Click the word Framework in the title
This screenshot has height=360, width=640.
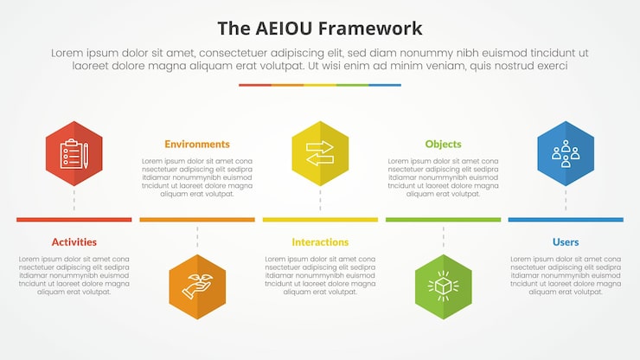(370, 28)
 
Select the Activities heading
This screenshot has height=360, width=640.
(74, 242)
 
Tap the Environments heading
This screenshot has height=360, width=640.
(197, 145)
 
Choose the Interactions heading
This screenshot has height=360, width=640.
(320, 242)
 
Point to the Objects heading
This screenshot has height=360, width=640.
(443, 145)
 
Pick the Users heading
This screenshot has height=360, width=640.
(566, 242)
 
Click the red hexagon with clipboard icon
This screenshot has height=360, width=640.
(74, 154)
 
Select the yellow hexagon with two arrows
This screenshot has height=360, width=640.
(320, 154)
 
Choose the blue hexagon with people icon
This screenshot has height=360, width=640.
(566, 154)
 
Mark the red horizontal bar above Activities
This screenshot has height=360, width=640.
(74, 220)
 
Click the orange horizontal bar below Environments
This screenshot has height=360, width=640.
(197, 220)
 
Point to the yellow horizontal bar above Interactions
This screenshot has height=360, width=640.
(320, 220)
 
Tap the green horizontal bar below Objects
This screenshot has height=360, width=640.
(443, 220)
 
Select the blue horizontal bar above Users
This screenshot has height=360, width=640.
(566, 220)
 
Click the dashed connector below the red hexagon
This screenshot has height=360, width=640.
(74, 201)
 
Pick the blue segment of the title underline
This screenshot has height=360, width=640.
(385, 85)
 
